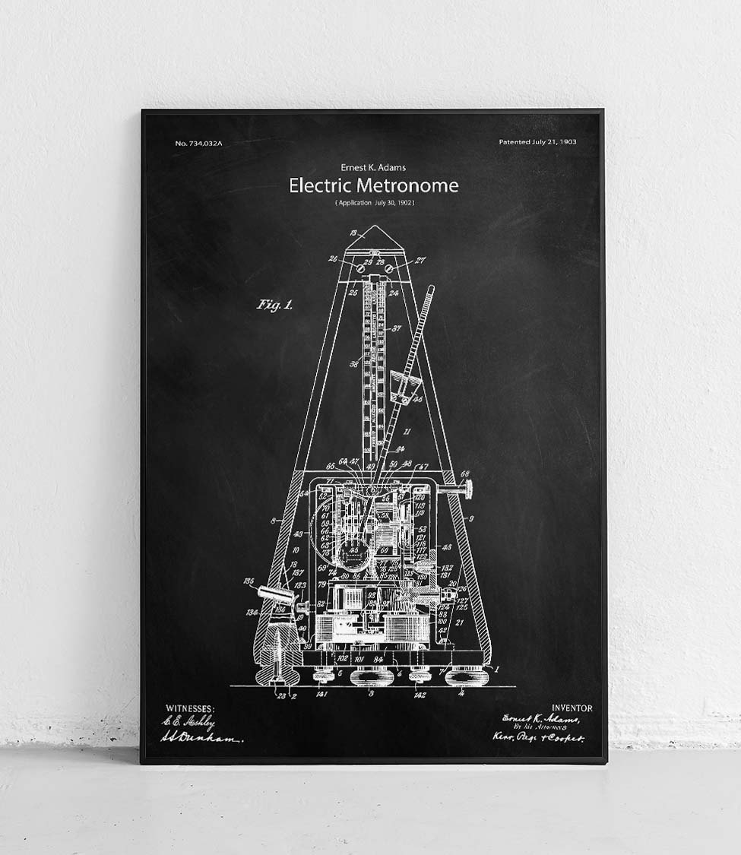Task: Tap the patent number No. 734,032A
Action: pos(198,143)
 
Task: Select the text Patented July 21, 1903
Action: pos(537,142)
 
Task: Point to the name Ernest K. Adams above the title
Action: pos(373,167)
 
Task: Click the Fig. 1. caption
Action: pos(274,305)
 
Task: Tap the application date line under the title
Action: pos(374,203)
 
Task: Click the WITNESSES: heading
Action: pos(190,708)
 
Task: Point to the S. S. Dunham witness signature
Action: pos(201,738)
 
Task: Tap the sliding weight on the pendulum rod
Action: pos(405,388)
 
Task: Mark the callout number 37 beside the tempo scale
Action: pos(396,328)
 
